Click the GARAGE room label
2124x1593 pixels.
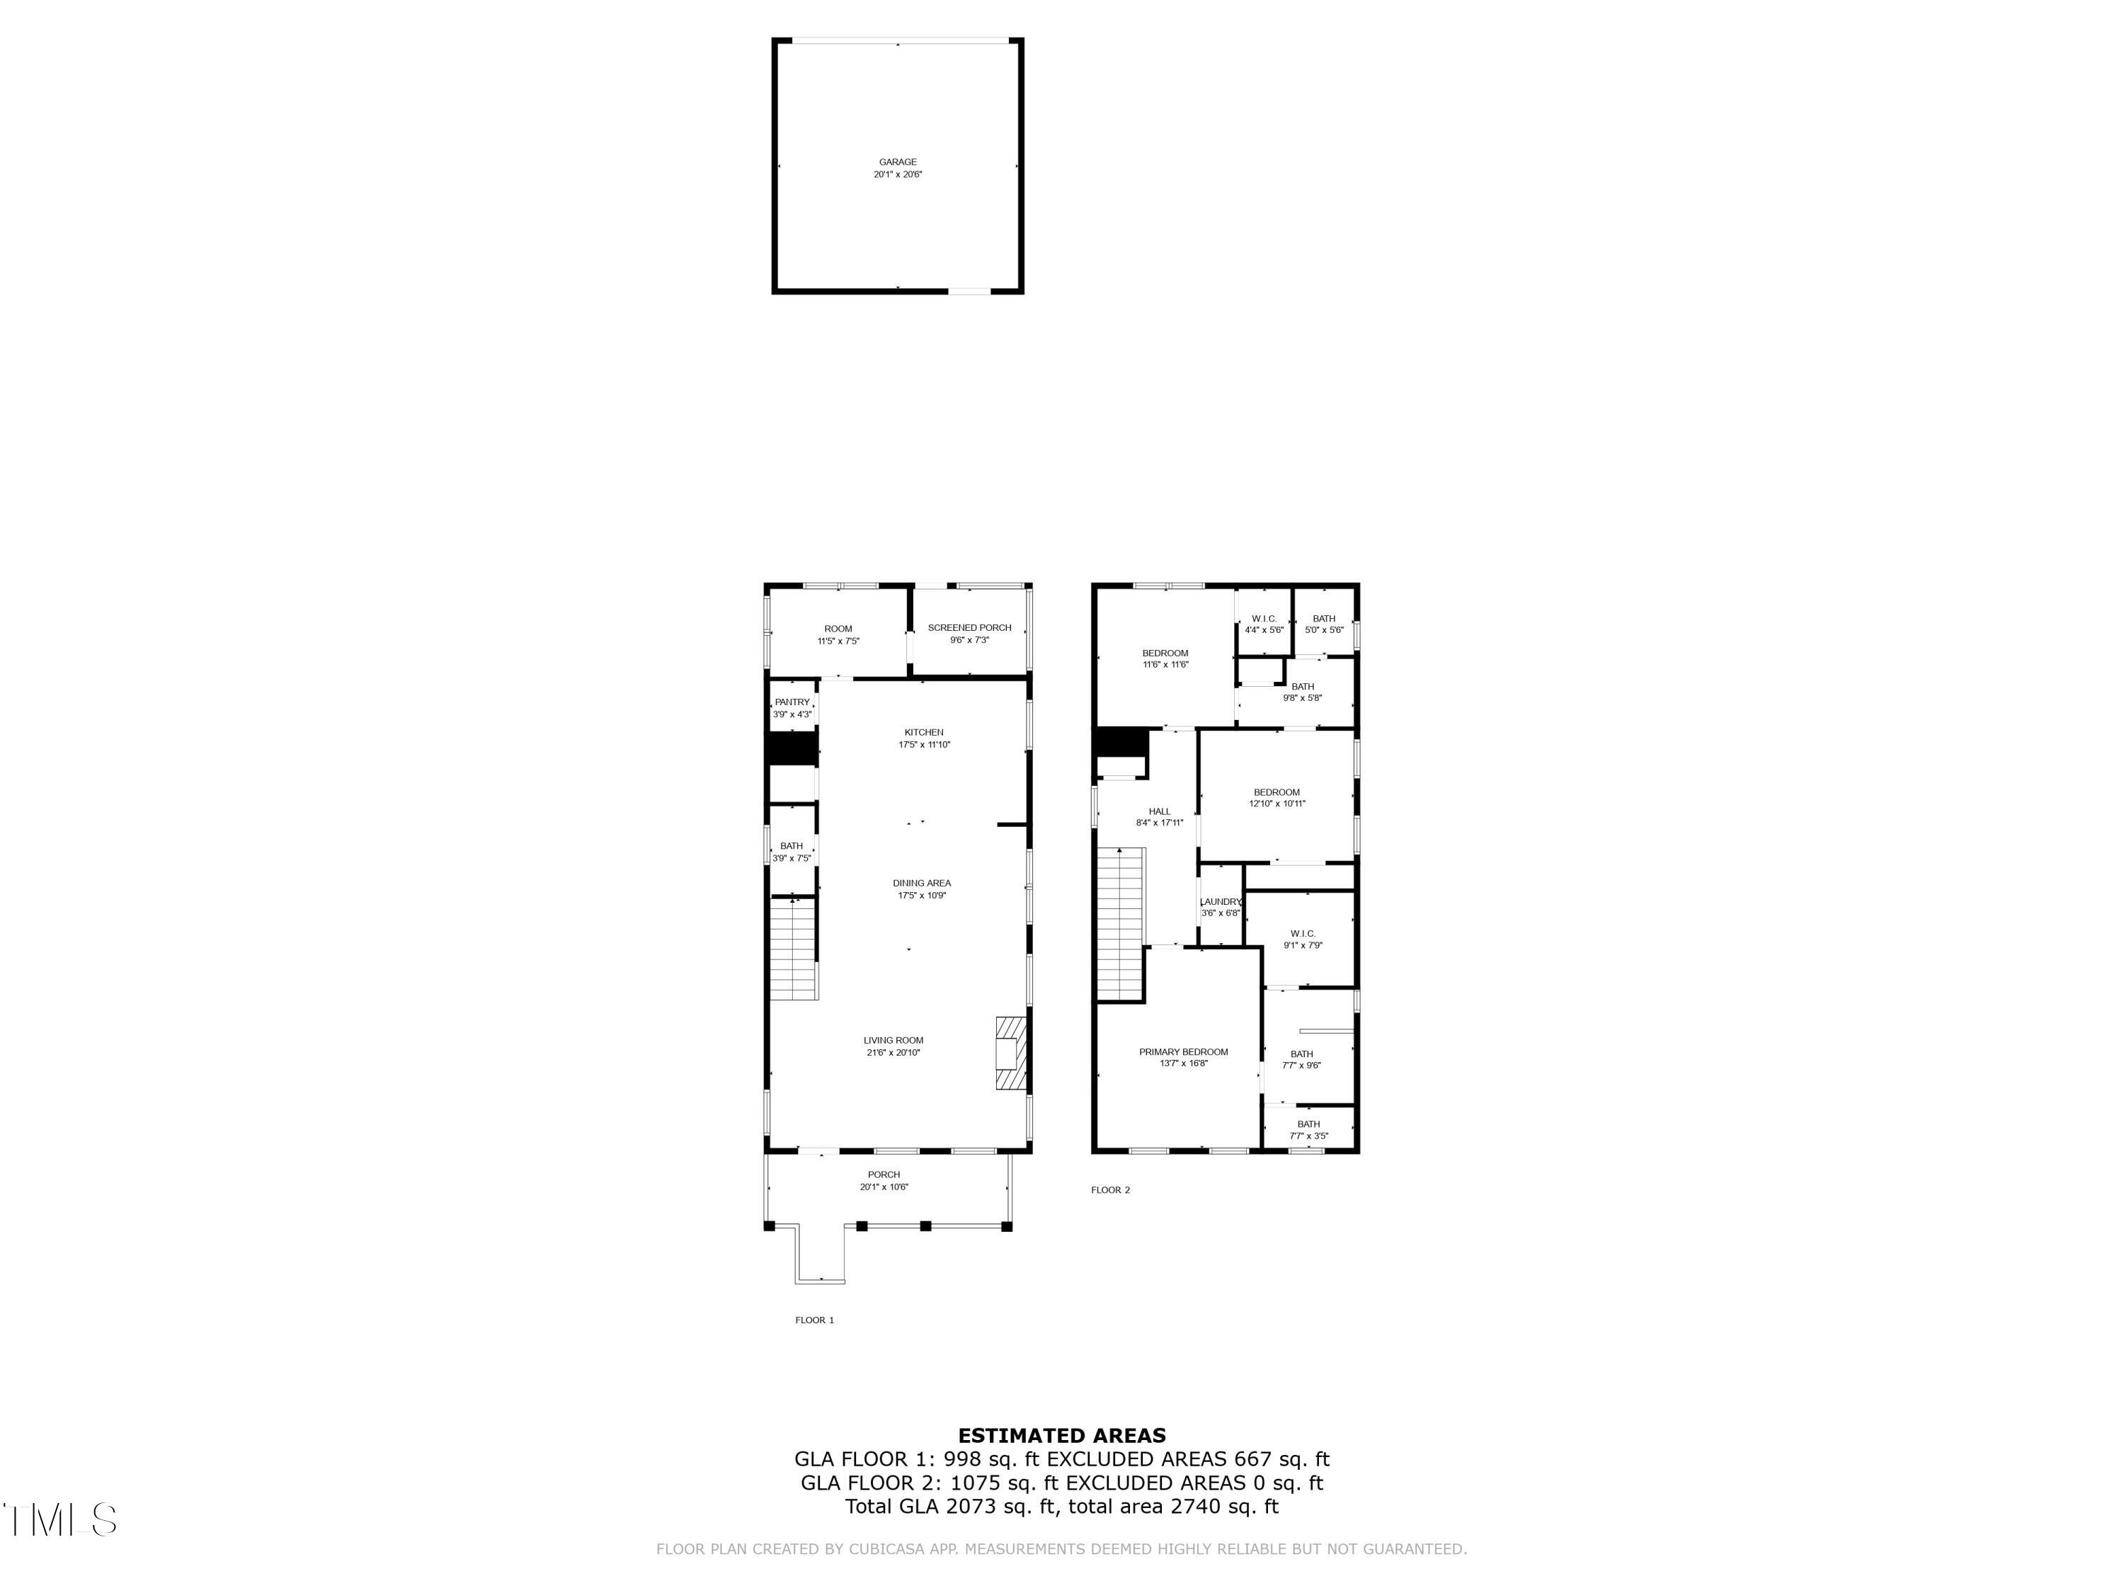[897, 162]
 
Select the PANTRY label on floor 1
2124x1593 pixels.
[792, 702]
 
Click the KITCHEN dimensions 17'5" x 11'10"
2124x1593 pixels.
[924, 745]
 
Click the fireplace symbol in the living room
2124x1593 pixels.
[1010, 1054]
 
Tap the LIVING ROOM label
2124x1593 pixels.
[893, 1040]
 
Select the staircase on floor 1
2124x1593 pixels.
[793, 949]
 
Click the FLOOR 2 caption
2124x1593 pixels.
[1110, 1189]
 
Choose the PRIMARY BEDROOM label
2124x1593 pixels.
[1183, 1051]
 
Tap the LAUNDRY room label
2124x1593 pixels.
[1221, 902]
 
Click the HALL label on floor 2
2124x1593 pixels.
[1159, 811]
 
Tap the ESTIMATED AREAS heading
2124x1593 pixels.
[1061, 1436]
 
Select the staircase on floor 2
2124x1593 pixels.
[1121, 925]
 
